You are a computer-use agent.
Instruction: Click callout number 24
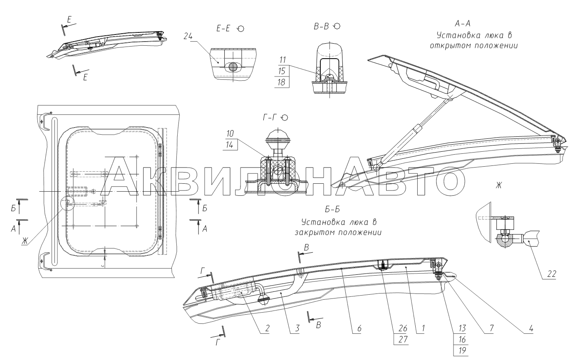tap(188, 36)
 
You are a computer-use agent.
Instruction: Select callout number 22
tap(551, 274)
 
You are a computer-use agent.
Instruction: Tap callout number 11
tap(283, 60)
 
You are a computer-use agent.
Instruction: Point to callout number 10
tap(230, 133)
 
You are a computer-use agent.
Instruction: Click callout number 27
tap(403, 339)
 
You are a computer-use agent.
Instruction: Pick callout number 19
tap(462, 350)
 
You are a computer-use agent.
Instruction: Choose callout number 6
tap(359, 328)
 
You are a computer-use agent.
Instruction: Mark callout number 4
tap(530, 328)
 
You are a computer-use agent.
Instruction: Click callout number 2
tap(267, 328)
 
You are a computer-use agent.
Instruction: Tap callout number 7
tap(491, 328)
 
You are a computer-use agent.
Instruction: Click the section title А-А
tap(463, 24)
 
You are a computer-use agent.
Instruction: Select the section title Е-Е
tap(223, 28)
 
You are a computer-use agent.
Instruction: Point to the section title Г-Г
tap(270, 118)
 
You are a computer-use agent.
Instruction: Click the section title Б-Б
tap(332, 209)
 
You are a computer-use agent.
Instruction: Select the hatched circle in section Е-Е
tap(233, 67)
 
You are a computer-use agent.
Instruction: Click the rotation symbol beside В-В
tap(337, 26)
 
